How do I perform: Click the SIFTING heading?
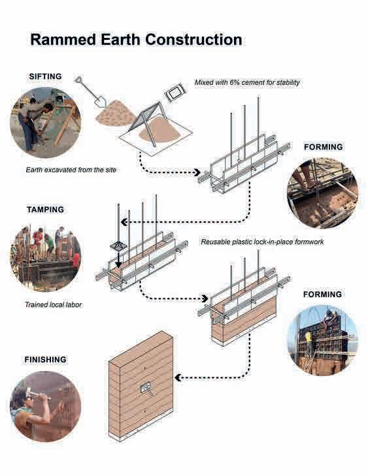tap(45, 76)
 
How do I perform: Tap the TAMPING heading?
tap(45, 210)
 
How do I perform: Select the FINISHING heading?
tap(45, 359)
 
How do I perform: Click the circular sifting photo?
tap(46, 122)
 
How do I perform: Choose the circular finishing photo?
tap(46, 407)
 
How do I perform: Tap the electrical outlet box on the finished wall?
tap(145, 388)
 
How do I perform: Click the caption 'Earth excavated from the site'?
tap(71, 170)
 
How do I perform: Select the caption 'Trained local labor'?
tap(53, 304)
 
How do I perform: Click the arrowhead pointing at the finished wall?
tap(178, 377)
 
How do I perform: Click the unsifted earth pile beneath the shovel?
tap(116, 114)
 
